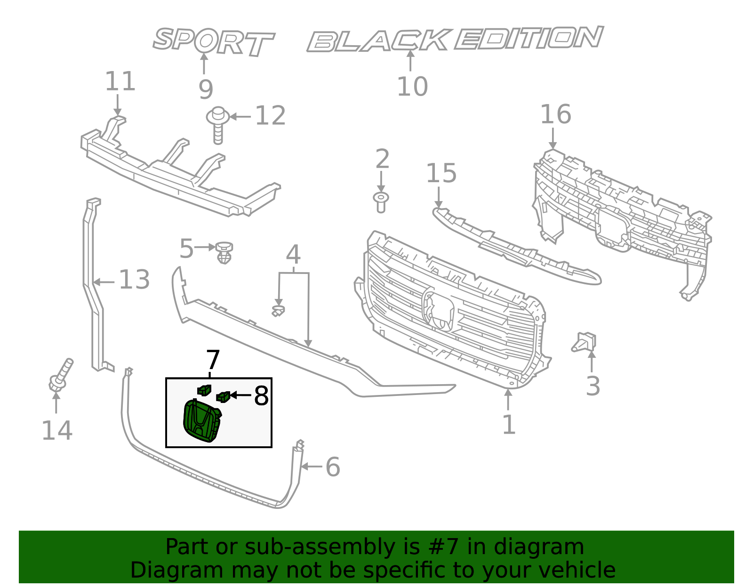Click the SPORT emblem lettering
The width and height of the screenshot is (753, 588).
coord(213,41)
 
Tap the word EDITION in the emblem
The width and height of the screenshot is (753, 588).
coord(528,38)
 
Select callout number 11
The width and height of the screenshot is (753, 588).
coord(120,81)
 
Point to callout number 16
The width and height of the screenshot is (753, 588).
coord(555,114)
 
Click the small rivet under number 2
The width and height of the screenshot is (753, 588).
coord(381,201)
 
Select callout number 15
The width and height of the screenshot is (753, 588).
coord(441,173)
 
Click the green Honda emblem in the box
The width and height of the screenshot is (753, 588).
coord(201,420)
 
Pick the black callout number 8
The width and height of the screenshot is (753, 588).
coord(261,395)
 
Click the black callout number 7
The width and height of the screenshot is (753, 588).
coord(213,360)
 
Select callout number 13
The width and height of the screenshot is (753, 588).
coord(134,280)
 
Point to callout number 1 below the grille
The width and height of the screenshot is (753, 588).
coord(509,425)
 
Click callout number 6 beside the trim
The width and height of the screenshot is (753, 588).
coord(333,467)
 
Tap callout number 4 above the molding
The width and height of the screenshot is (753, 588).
coord(293,255)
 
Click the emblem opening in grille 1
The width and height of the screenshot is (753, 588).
coord(439,309)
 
